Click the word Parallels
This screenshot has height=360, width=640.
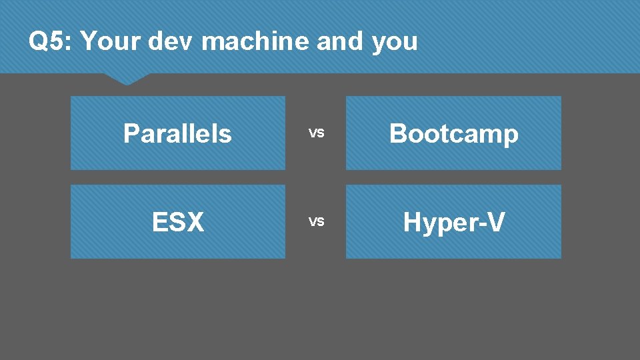(x=177, y=133)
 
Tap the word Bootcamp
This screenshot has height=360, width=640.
(x=453, y=133)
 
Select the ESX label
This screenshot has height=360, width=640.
(x=178, y=222)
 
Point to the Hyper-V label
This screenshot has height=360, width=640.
(x=453, y=222)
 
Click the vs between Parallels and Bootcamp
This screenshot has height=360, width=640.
(x=316, y=133)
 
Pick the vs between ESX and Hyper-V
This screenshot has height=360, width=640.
(x=316, y=221)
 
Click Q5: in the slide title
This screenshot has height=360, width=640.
(x=51, y=42)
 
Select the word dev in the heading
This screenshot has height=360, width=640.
(x=171, y=42)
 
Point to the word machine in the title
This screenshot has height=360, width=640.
(x=255, y=42)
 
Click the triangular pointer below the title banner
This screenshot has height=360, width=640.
(x=127, y=79)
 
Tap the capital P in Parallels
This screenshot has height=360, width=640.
(x=131, y=133)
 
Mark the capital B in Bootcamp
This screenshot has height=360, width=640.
(x=397, y=133)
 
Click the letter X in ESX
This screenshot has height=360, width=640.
(x=195, y=222)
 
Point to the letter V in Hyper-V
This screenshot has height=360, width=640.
(x=494, y=222)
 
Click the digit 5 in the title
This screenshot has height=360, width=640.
(x=58, y=42)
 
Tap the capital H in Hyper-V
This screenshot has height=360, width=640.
(x=413, y=222)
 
